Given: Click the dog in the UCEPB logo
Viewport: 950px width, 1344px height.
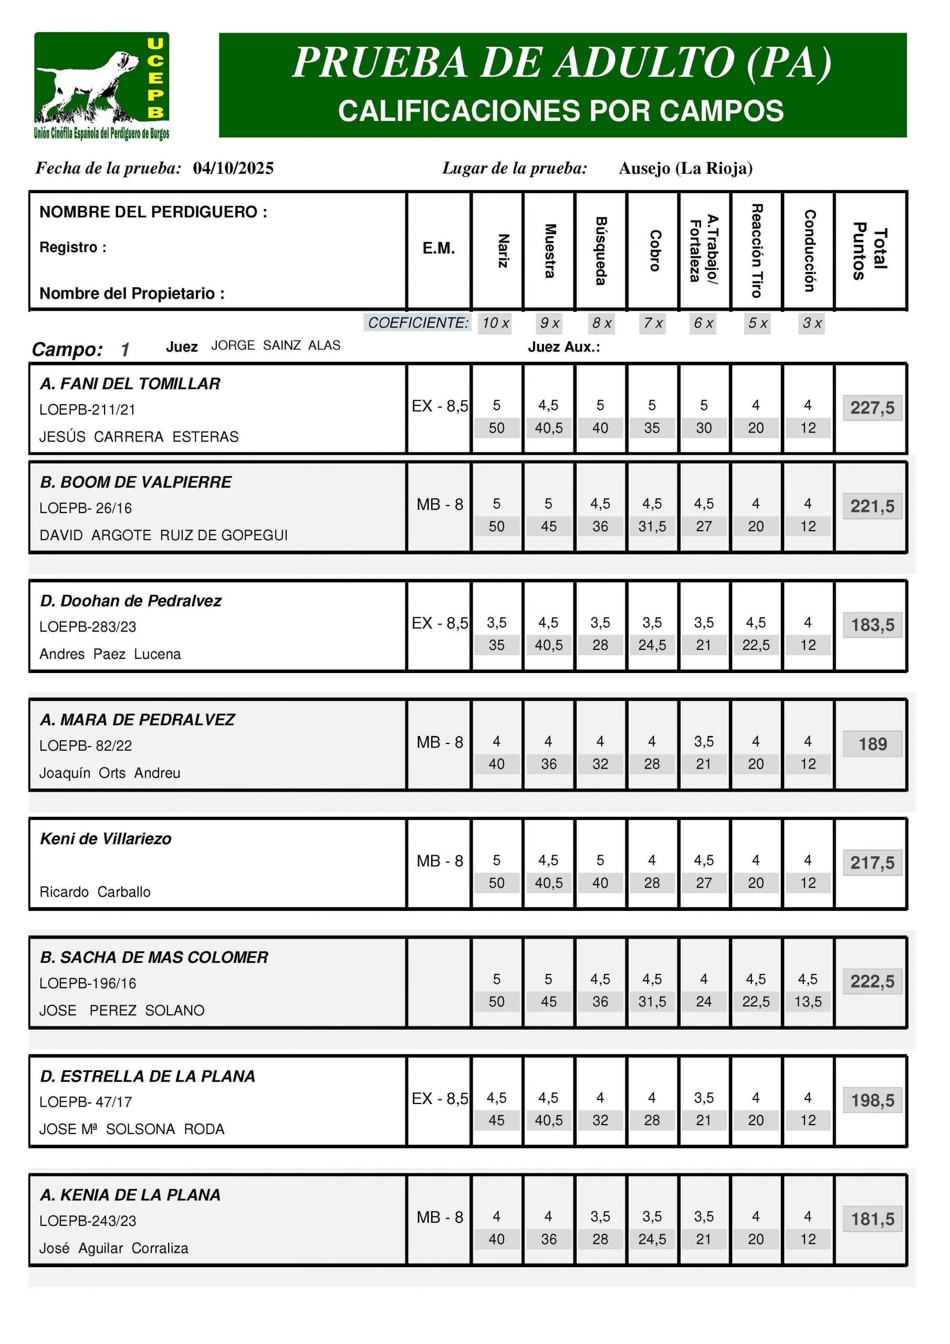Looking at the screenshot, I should (88, 82).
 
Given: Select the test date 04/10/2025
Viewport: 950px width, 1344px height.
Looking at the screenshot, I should (233, 169).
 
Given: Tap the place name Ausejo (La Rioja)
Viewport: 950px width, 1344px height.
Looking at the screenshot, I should (685, 169).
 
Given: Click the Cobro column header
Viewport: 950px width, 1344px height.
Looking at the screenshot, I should (654, 250).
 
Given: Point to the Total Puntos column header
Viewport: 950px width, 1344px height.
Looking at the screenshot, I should (870, 250).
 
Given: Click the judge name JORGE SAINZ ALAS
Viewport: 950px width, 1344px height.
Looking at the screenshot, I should (275, 345).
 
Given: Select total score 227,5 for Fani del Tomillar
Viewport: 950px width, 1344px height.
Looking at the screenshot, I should (872, 407).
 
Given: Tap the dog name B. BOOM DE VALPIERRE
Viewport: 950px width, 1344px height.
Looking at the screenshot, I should (135, 482).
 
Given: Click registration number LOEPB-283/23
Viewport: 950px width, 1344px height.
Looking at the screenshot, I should (87, 627).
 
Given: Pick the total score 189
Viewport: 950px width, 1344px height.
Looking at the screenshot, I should (872, 744).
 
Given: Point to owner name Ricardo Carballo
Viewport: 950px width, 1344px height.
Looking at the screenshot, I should (95, 891).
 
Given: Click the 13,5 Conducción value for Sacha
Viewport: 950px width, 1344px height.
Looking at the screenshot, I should (808, 1002).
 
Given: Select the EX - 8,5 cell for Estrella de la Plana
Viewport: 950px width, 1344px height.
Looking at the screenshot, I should (439, 1099).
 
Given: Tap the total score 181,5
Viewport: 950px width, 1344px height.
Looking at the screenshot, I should (872, 1220).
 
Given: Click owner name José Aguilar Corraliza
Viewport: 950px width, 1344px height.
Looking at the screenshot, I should (113, 1248).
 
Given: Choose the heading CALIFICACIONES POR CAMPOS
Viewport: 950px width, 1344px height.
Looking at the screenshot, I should (560, 111).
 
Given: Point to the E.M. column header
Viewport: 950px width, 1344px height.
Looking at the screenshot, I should (439, 248).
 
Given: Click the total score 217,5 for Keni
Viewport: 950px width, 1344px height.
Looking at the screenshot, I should (872, 863).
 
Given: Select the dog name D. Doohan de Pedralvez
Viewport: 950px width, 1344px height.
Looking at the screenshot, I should (131, 601).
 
